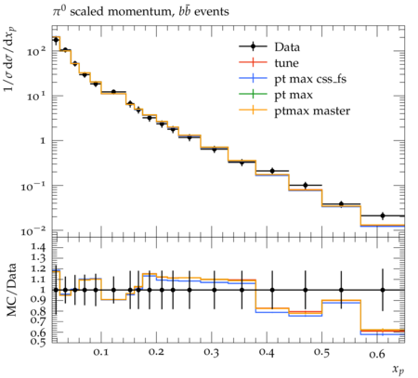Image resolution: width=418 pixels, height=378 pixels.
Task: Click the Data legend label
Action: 287,47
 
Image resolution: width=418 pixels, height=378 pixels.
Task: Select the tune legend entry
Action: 286,63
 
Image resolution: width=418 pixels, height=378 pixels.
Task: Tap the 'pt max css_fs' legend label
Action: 310,79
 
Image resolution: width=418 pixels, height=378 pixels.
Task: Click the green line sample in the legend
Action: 253,94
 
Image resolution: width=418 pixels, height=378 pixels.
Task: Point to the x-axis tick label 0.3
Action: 212,353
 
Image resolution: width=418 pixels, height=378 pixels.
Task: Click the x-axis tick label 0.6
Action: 377,353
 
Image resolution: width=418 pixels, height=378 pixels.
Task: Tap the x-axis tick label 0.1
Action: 101,353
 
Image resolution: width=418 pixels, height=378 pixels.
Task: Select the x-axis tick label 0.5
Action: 321,353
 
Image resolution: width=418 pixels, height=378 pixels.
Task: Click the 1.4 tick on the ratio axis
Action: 38,247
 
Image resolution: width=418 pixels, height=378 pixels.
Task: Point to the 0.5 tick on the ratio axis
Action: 38,341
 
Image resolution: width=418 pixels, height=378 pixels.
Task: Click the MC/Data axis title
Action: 11,290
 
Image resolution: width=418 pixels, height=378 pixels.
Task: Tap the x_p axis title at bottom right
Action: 398,370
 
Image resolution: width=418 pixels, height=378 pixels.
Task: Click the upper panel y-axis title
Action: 11,59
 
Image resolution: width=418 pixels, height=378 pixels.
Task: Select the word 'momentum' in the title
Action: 139,12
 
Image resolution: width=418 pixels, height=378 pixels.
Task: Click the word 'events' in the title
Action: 212,12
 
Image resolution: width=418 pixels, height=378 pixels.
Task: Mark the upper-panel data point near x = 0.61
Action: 383,215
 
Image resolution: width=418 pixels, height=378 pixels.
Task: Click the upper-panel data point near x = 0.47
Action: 306,186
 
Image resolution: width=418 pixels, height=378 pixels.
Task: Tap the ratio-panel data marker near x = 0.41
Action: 272,290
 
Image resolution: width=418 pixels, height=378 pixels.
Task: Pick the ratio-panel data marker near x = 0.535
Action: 342,290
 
